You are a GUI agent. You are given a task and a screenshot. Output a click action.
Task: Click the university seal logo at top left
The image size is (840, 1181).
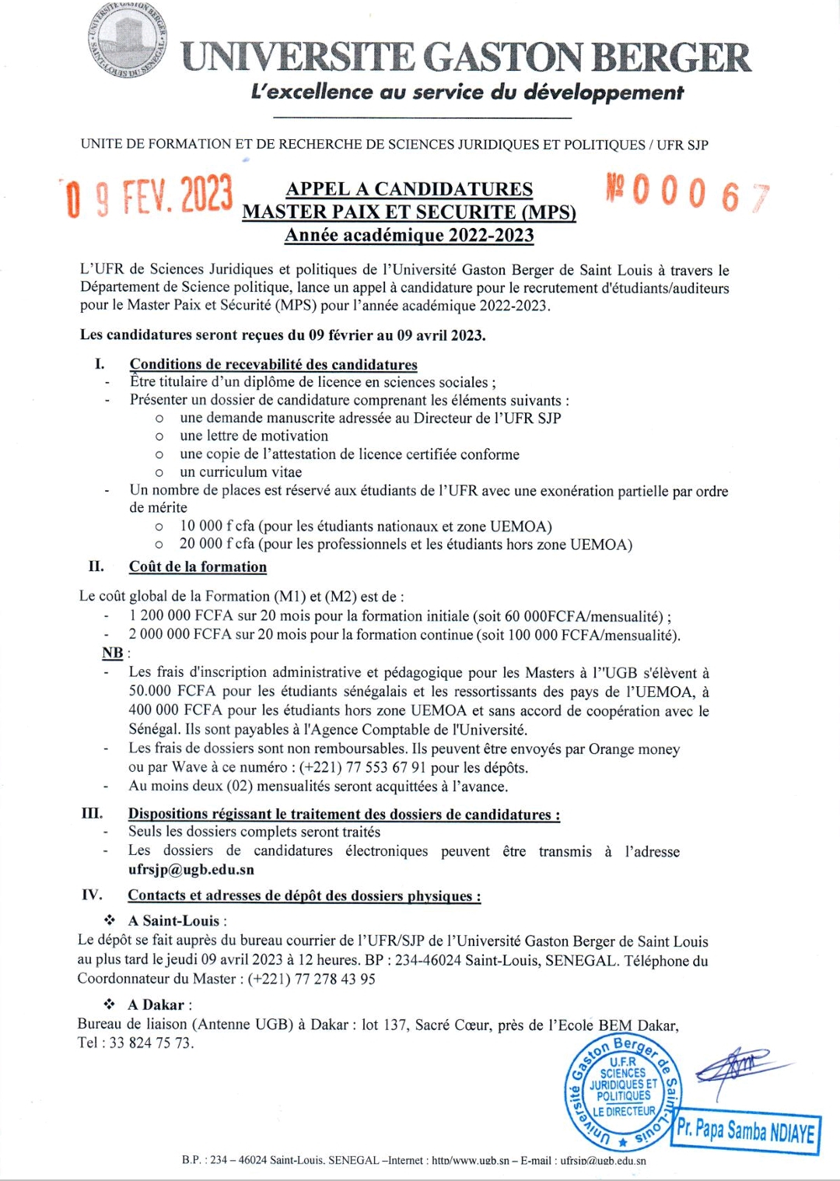(129, 46)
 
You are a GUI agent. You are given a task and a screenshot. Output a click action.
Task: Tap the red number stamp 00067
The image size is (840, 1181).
(687, 194)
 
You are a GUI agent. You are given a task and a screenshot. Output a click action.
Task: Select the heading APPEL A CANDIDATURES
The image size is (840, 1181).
(409, 189)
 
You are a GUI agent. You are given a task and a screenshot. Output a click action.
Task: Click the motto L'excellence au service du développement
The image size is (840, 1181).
(467, 93)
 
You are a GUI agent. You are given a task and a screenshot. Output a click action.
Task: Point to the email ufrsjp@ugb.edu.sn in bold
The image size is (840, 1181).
(191, 870)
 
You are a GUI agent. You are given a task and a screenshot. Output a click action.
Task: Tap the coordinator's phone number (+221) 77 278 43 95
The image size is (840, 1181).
(311, 979)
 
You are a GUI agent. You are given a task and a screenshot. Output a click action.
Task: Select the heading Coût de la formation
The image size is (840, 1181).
(198, 567)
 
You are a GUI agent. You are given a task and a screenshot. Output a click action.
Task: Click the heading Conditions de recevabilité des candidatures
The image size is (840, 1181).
(273, 365)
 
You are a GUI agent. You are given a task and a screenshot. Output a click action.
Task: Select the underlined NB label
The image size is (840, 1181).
(113, 653)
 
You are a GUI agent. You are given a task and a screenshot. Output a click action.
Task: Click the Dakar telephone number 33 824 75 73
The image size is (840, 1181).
(150, 1043)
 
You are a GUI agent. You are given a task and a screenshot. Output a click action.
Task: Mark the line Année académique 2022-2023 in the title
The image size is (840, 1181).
(409, 235)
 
